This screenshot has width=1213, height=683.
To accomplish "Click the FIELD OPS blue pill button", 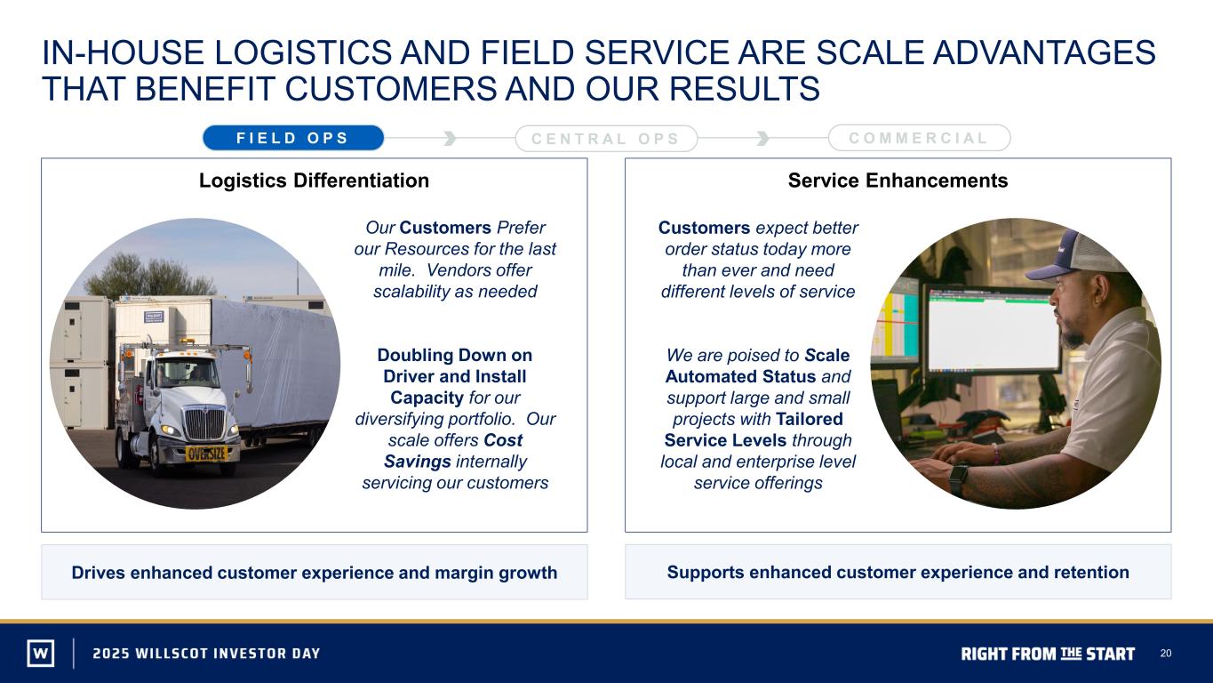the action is (x=293, y=138).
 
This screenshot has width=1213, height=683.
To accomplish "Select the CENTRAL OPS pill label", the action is (x=606, y=139).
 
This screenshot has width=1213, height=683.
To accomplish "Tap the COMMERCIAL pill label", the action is (x=919, y=138).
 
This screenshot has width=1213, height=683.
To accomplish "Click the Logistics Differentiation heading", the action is (x=314, y=181).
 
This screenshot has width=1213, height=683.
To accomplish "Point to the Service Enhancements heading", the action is (x=898, y=181).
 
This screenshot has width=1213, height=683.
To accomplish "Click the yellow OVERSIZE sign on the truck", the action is (x=206, y=454).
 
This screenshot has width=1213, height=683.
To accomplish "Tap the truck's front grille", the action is (x=204, y=423).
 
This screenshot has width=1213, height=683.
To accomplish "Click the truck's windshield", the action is (x=188, y=374).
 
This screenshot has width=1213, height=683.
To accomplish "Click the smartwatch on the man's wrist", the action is (x=958, y=478).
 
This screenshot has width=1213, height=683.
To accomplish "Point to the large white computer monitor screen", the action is (x=994, y=329).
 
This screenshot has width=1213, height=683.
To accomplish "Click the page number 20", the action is (x=1166, y=653).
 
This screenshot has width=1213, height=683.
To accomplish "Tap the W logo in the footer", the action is (x=41, y=653).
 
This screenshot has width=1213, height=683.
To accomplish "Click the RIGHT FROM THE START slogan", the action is (x=1048, y=654).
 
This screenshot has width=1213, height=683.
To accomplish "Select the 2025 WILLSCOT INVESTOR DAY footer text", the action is (x=206, y=653).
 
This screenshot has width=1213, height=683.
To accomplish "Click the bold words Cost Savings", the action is (x=454, y=451).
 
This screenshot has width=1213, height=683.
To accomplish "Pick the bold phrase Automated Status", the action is (x=740, y=376).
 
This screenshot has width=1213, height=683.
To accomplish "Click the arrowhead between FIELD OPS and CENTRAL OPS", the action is (x=450, y=138).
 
